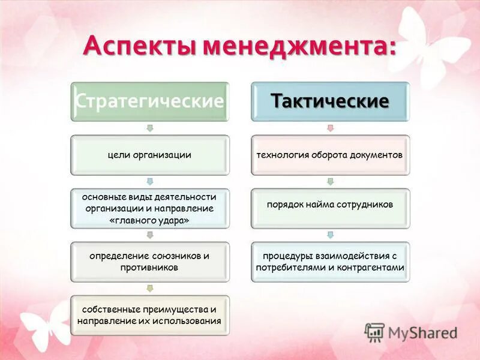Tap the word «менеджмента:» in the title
299,46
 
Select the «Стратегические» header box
149,101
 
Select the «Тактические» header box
329,101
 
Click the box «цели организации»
149,155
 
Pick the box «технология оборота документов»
329,155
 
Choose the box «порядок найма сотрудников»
329,205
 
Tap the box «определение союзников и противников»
149,262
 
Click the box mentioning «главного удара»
149,208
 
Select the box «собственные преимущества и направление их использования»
149,315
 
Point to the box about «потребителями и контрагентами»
329,262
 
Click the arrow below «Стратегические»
150,128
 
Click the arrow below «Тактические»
330,128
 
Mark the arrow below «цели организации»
150,181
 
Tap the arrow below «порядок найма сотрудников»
330,235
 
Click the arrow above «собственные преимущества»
150,288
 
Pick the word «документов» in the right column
377,155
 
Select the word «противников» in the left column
149,268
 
